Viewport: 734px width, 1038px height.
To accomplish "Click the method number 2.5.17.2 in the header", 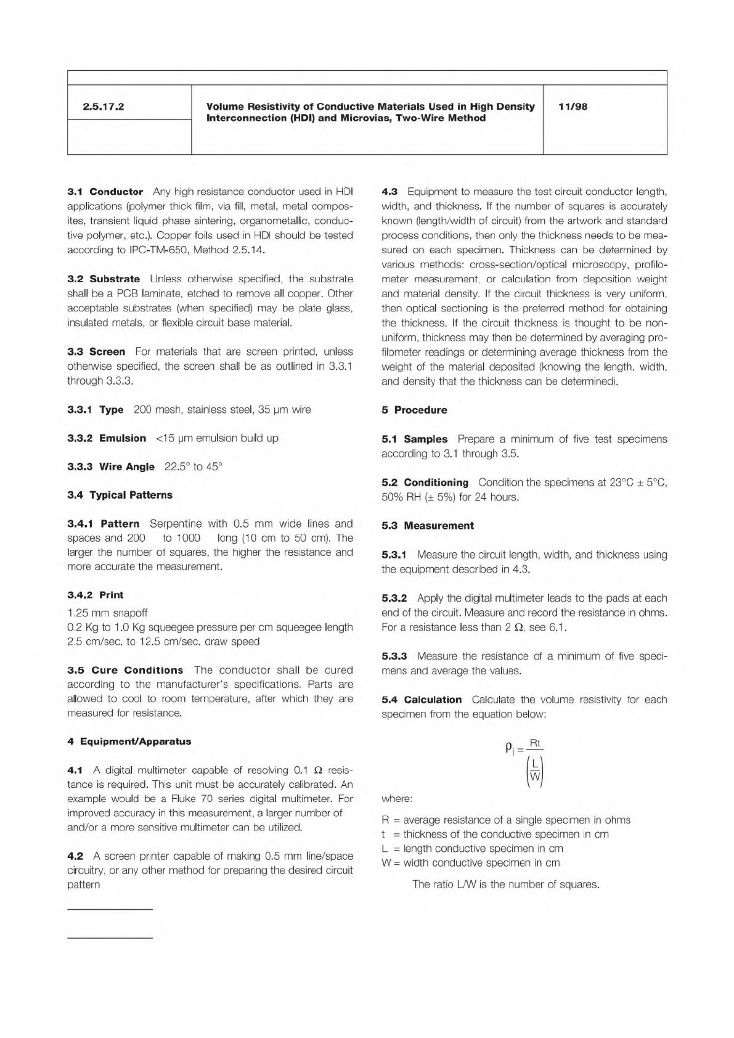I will click(x=104, y=107).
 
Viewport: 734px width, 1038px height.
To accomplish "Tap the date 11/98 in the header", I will click(x=573, y=107).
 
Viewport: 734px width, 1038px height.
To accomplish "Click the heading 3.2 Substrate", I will click(x=104, y=279).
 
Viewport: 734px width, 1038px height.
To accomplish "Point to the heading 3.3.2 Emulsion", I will click(x=107, y=438).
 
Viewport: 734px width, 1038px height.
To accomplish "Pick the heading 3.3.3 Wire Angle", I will click(x=111, y=467).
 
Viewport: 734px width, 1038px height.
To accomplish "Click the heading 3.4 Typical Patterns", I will click(x=120, y=495).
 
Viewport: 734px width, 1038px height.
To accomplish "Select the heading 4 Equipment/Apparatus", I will click(x=129, y=742).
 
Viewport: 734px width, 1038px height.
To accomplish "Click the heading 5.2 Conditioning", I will click(x=425, y=483).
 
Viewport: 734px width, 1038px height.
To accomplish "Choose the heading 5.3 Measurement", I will click(x=428, y=526).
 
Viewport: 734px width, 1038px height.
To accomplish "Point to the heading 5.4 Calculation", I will click(x=422, y=700).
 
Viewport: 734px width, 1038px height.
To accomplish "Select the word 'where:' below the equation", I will click(x=397, y=799).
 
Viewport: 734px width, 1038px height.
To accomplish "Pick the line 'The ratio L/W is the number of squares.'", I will click(x=505, y=885).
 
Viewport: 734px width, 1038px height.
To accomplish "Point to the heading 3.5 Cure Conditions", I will click(x=125, y=670).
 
